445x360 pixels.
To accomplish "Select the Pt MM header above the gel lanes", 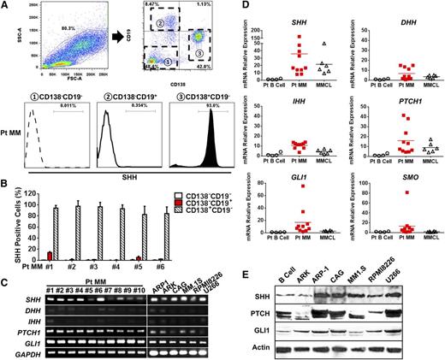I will pos(99,274).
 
